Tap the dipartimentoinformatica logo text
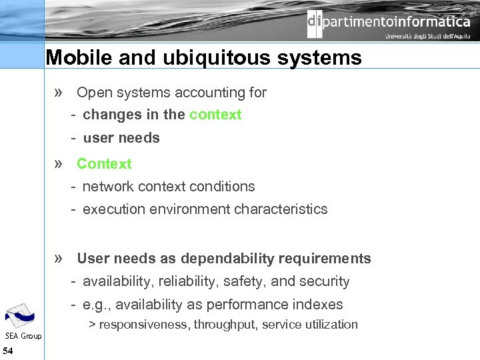point(389,22)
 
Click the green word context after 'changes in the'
point(215,115)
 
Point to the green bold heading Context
point(104,163)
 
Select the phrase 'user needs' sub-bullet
point(121,138)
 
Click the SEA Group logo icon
point(20,315)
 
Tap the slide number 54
point(8,351)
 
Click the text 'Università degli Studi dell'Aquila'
point(427,37)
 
